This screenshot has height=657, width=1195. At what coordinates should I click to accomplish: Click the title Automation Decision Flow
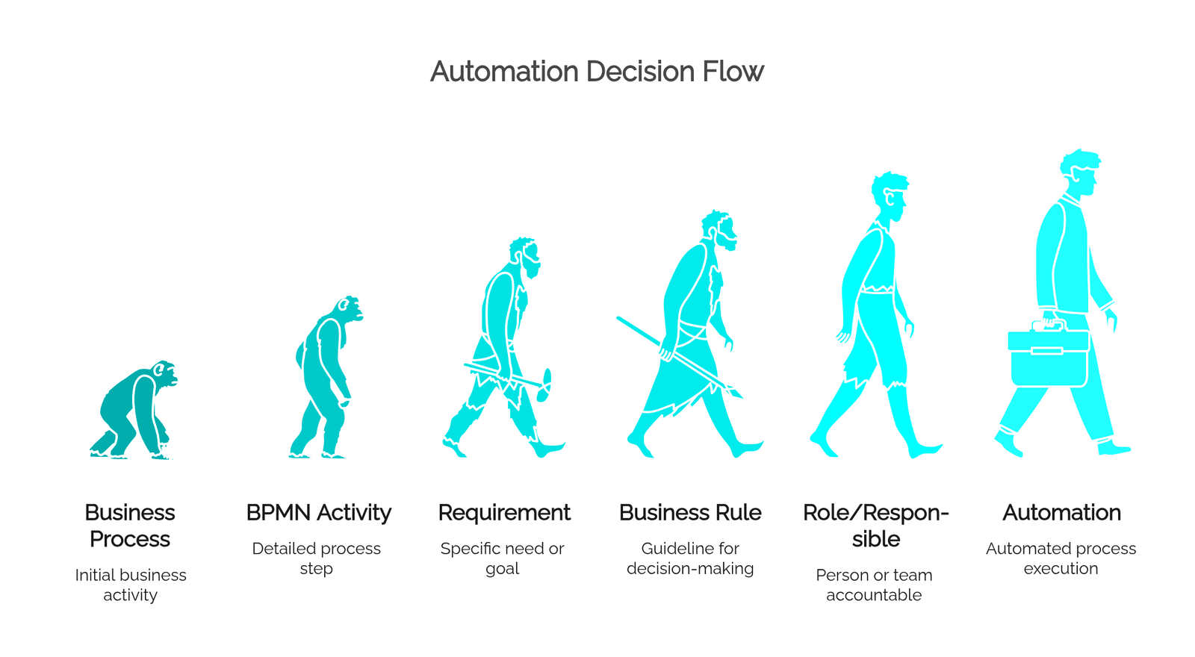pos(597,72)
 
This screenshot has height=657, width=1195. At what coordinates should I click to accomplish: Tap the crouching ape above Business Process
pos(134,410)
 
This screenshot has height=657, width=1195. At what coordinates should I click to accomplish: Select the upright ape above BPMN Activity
pos(326,376)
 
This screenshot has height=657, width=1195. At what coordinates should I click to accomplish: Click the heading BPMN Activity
pos(318,513)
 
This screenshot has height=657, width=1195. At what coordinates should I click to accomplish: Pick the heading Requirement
pos(504,513)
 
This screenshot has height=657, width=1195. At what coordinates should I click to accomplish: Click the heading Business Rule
pos(690,513)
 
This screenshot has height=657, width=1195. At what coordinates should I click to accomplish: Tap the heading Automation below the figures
pos(1061,513)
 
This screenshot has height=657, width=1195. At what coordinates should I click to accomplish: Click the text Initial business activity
pos(131,585)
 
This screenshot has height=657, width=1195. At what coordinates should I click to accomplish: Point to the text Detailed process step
pos(317,558)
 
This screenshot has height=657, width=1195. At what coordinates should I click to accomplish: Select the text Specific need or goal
pos(502,558)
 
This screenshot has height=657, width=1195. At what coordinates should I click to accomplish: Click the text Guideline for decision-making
pos(690,558)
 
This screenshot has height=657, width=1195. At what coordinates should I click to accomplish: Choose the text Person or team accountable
pos(874,585)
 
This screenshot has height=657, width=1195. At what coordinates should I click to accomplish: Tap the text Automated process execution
pos(1061,558)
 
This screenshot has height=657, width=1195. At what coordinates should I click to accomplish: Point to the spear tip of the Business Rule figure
pos(738,393)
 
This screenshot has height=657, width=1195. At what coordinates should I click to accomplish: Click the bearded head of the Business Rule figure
pos(720,231)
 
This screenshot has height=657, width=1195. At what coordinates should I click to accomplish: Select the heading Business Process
pos(130,526)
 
